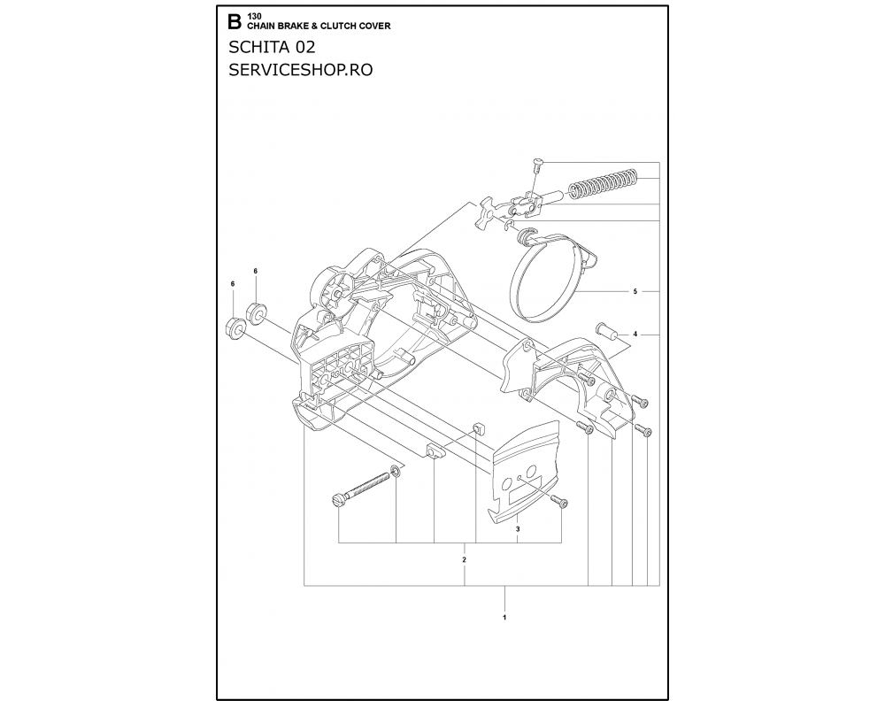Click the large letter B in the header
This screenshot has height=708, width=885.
(x=235, y=22)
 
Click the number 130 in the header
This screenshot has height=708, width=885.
(x=254, y=17)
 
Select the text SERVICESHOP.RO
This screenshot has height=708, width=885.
(x=300, y=69)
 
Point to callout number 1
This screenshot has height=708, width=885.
(x=504, y=617)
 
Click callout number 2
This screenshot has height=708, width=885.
(x=464, y=560)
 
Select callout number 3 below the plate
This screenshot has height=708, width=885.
(x=518, y=529)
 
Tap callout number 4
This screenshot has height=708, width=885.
(x=635, y=335)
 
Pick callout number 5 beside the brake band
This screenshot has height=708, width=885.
(x=635, y=291)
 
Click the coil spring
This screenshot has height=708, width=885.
(x=603, y=183)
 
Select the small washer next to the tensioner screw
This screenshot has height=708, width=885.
(x=396, y=470)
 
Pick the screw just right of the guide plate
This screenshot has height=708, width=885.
(x=559, y=502)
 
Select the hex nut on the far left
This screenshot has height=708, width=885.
(x=235, y=327)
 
